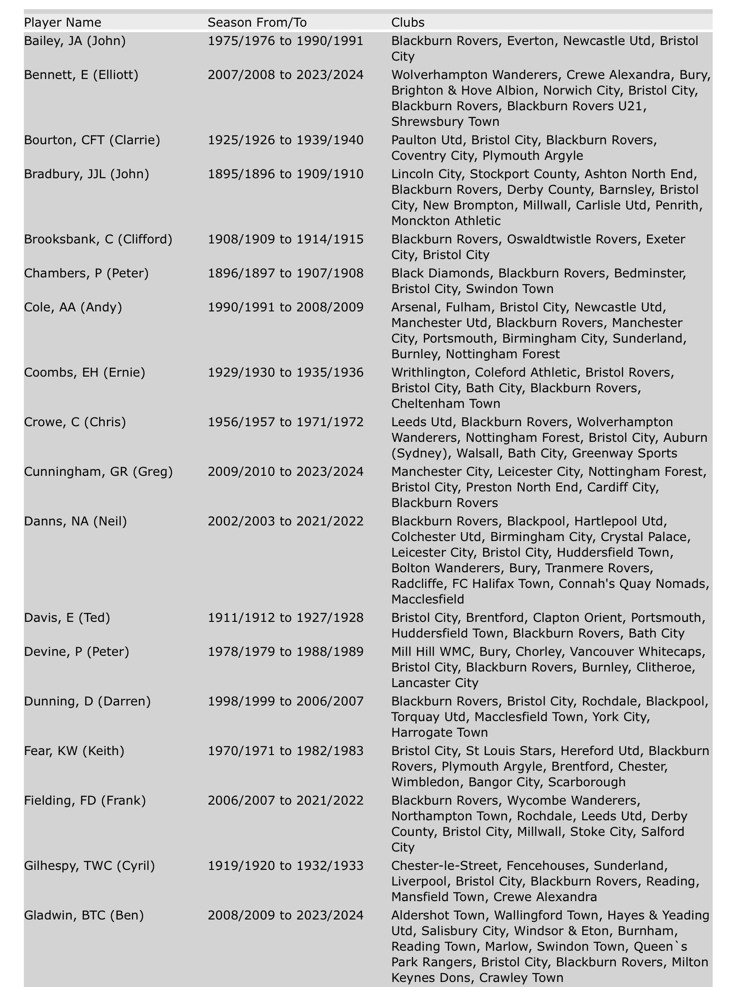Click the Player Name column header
(x=62, y=22)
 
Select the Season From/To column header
(x=257, y=22)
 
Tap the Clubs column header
(x=408, y=22)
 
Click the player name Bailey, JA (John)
(x=75, y=41)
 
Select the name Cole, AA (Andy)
(x=73, y=307)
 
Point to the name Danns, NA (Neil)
(x=75, y=521)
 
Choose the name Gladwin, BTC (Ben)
(x=84, y=915)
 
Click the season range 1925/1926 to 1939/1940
(x=285, y=140)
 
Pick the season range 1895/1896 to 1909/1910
(x=285, y=174)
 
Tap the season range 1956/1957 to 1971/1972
(x=285, y=422)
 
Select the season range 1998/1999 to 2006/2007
(x=285, y=701)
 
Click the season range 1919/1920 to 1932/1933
(x=285, y=865)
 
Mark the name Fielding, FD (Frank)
(x=85, y=800)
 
